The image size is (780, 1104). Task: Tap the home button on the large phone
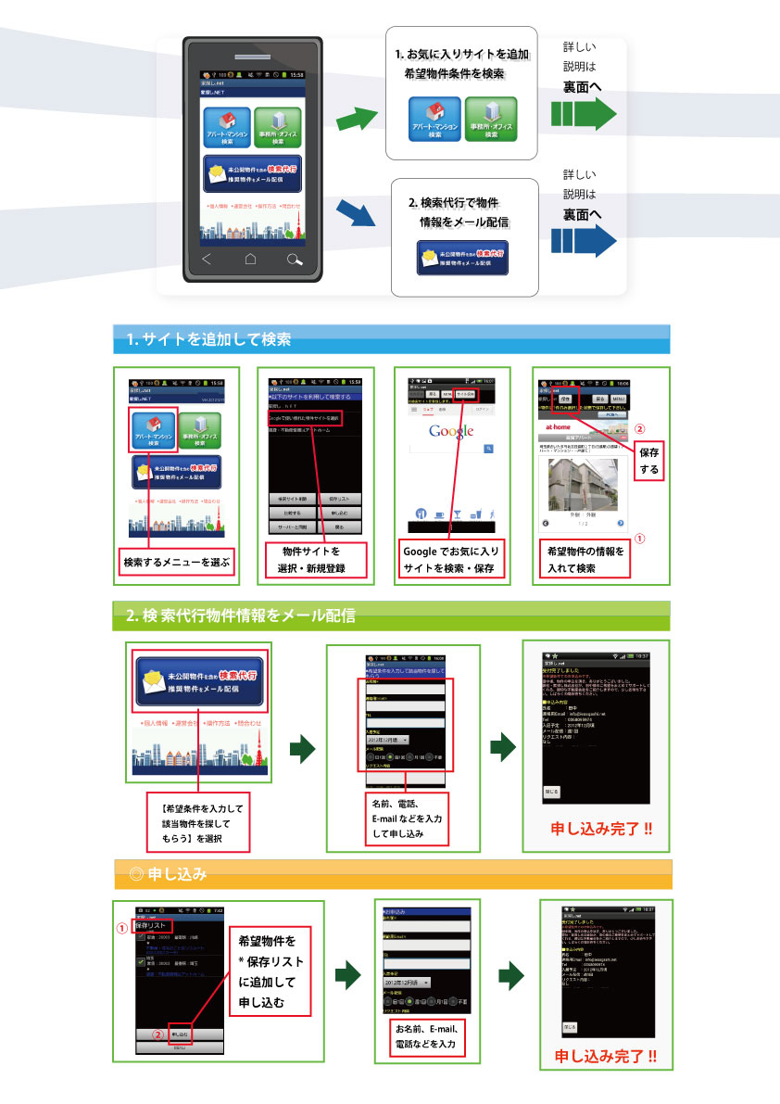[x=250, y=260]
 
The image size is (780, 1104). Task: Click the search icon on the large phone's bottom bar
[x=295, y=260]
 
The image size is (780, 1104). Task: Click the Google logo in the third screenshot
[x=451, y=431]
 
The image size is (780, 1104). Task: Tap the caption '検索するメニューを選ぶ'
[x=176, y=562]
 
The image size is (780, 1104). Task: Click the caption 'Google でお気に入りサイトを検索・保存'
[x=451, y=560]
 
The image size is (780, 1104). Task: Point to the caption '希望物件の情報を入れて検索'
[x=585, y=560]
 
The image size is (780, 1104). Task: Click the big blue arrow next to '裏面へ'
[x=584, y=242]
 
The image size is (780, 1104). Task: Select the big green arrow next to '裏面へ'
[x=584, y=114]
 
